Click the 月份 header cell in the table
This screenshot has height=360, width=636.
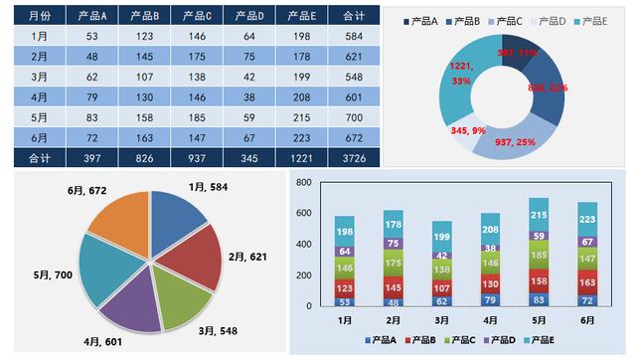point(39,16)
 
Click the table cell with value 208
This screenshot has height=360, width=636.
point(302,96)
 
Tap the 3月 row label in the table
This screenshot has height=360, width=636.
point(39,77)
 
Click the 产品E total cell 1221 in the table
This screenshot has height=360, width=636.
point(302,157)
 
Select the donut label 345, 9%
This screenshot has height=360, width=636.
point(469,130)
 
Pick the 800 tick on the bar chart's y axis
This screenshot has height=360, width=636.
point(304,183)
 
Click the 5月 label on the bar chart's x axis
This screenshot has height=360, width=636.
point(539,320)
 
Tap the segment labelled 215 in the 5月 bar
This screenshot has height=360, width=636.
point(539,215)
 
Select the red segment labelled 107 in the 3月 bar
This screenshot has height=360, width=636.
point(442,287)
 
